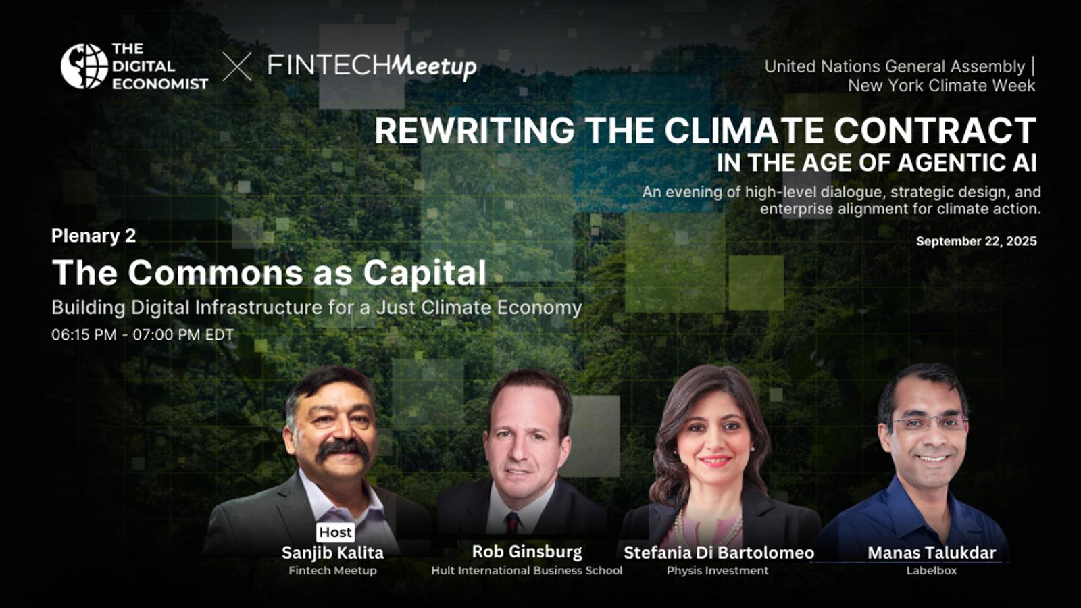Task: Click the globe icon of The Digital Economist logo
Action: [84, 66]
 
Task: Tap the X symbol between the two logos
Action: [237, 67]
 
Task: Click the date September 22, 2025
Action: [976, 241]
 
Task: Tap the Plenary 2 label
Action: [94, 236]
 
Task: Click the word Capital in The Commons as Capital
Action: [425, 273]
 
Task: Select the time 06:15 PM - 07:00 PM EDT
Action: [143, 335]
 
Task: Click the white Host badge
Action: [335, 532]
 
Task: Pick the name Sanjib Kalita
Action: [332, 553]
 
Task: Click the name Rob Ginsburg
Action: [527, 552]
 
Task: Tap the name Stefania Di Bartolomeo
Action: [719, 553]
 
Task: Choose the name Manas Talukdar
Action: [932, 553]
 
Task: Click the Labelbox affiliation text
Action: [932, 571]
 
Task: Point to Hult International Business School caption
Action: [527, 571]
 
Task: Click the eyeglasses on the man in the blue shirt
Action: [930, 423]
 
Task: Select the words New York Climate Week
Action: [942, 86]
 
